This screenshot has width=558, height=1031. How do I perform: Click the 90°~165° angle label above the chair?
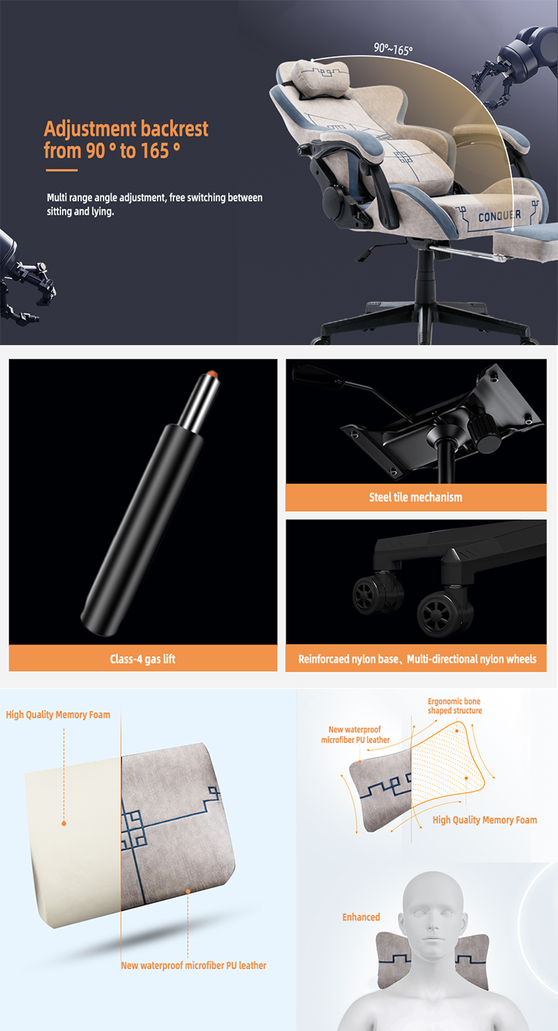(x=393, y=48)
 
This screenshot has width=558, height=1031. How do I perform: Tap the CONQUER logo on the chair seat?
(x=499, y=216)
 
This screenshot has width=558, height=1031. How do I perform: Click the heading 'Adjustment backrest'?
(x=126, y=129)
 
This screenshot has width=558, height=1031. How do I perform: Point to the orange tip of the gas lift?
(x=212, y=373)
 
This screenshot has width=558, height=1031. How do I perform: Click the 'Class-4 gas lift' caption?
(x=143, y=659)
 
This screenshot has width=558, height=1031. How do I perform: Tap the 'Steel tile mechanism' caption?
(x=416, y=497)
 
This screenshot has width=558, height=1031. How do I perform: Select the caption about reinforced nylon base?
(x=417, y=659)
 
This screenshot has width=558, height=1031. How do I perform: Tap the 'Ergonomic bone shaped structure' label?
(x=455, y=706)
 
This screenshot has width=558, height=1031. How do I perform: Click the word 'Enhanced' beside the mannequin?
(x=361, y=917)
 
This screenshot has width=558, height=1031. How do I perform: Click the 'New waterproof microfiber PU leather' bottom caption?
(x=193, y=966)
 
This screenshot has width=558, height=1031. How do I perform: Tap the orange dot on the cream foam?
(x=64, y=823)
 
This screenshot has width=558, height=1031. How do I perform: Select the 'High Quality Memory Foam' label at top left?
(x=58, y=715)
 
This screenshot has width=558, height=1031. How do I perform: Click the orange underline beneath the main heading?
(x=62, y=170)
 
